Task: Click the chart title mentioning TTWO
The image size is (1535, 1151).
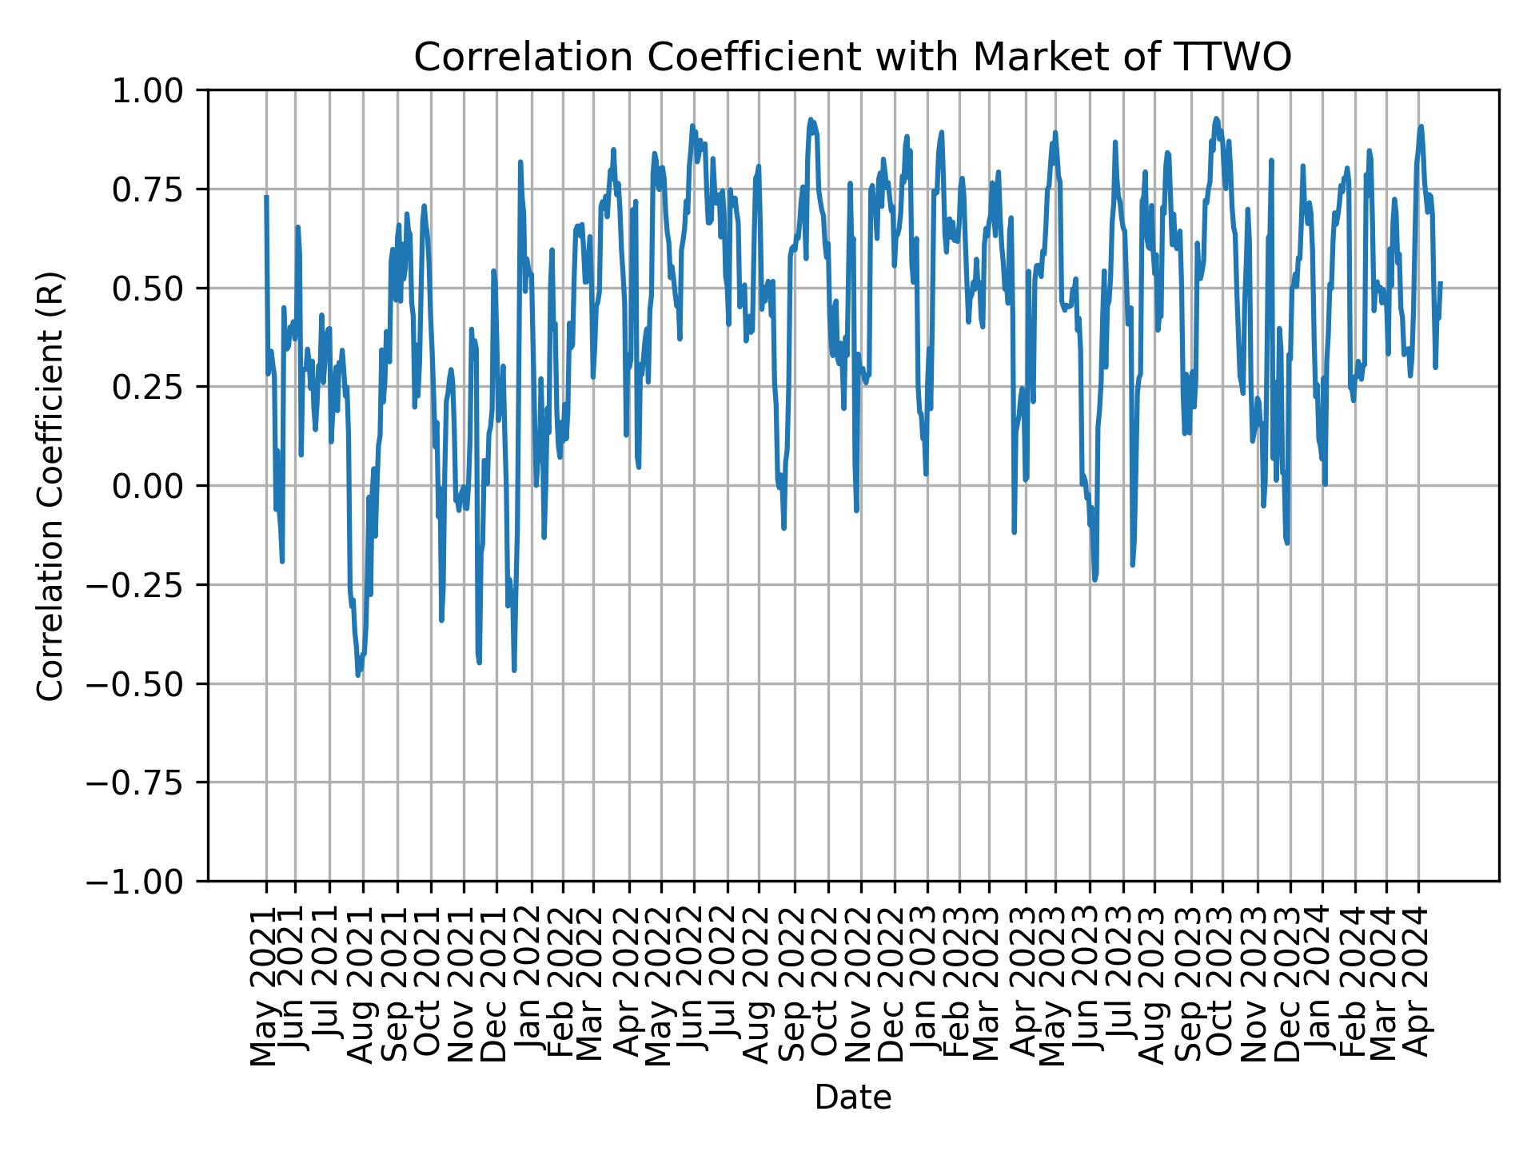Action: pyautogui.click(x=852, y=58)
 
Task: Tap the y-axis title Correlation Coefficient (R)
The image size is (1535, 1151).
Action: pyautogui.click(x=50, y=485)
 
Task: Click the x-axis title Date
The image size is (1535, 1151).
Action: pyautogui.click(x=852, y=1098)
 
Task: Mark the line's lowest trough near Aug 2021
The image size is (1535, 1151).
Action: pyautogui.click(x=358, y=675)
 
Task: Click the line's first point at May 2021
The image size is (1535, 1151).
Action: pyautogui.click(x=266, y=197)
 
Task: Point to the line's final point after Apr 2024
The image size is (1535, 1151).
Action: pyautogui.click(x=1441, y=283)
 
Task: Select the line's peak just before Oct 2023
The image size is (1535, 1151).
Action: pyautogui.click(x=1216, y=118)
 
